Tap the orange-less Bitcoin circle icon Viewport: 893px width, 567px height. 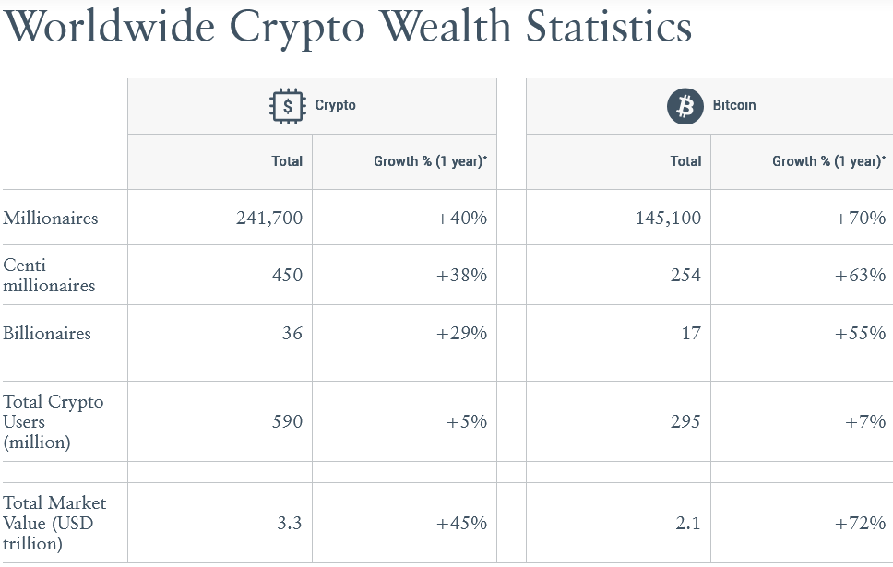point(685,106)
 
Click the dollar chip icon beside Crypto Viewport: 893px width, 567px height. point(288,106)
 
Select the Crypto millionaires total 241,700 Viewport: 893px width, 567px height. point(268,219)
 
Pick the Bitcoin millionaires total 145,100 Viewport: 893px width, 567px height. point(667,219)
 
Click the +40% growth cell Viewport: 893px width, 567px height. point(461,219)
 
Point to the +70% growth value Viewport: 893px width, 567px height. point(860,219)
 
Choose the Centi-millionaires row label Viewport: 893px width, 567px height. point(49,276)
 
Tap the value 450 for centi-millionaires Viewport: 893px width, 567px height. point(287,276)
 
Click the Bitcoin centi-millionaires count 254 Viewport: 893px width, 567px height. point(685,276)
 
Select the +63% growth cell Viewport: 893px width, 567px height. point(860,276)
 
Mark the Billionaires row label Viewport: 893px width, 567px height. point(47,334)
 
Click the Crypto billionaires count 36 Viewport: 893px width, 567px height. point(292,334)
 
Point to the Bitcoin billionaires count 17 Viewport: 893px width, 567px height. point(691,334)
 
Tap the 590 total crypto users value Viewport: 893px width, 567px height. point(287,422)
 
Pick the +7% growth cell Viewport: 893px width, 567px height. point(865,422)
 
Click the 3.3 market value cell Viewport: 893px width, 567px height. point(290,524)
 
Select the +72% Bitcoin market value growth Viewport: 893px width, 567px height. point(860,524)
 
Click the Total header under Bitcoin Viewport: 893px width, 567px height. point(685,161)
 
